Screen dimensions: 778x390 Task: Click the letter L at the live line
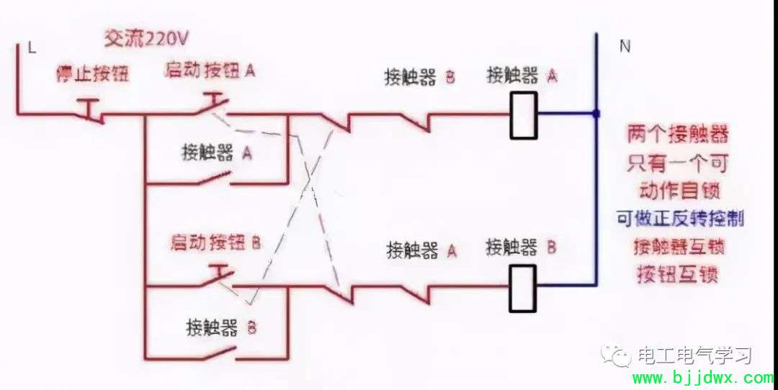[32, 48]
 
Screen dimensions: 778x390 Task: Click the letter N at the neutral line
[625, 47]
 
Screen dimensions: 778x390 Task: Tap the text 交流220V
[146, 39]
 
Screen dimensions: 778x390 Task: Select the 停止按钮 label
[92, 74]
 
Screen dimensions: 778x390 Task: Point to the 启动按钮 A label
[210, 71]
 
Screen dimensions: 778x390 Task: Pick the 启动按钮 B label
[215, 242]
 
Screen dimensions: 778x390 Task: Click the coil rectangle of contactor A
[524, 114]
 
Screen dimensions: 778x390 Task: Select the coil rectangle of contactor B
[522, 288]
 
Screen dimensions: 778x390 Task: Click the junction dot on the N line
[596, 114]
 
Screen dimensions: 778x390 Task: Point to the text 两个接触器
[677, 135]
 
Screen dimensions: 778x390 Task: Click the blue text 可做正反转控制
[680, 218]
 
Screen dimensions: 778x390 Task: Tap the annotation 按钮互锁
[678, 275]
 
